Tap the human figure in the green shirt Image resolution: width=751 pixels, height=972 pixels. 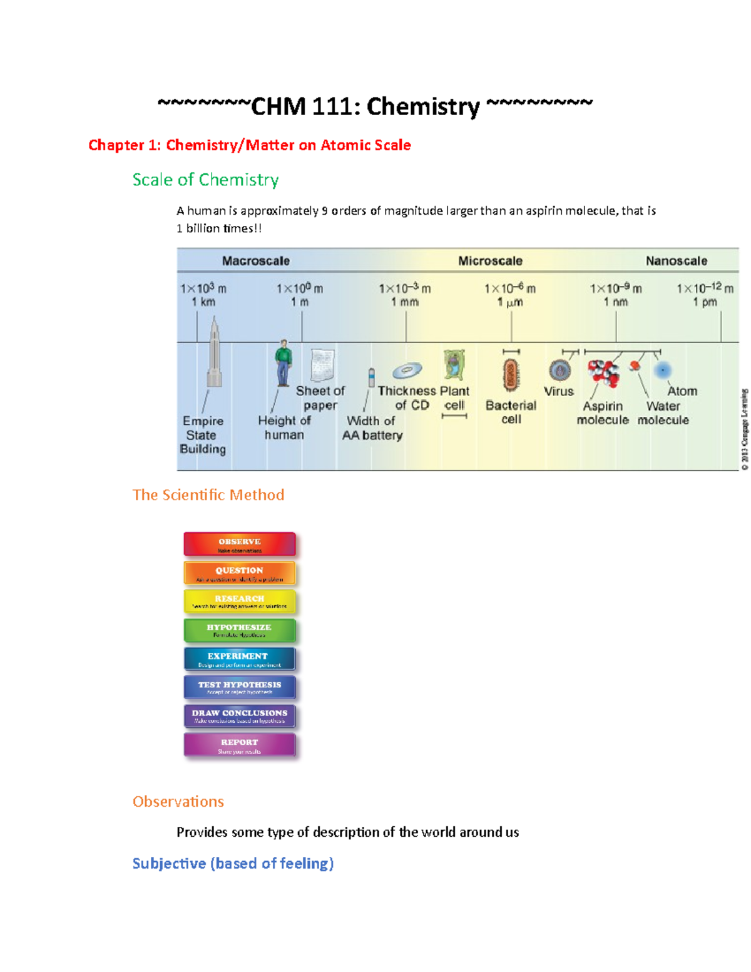click(x=284, y=362)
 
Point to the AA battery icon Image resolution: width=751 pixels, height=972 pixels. click(x=371, y=377)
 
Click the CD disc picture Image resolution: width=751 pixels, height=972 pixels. click(x=407, y=371)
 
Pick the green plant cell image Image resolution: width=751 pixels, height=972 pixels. click(x=454, y=364)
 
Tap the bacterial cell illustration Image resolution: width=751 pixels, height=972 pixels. click(x=511, y=375)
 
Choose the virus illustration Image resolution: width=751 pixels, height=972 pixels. click(x=559, y=371)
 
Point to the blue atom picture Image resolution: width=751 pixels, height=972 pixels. click(x=662, y=371)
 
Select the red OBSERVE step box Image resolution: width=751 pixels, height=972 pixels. click(x=240, y=544)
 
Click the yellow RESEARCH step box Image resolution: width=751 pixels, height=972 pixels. click(x=240, y=601)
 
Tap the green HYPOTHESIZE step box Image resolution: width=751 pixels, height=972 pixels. click(x=240, y=630)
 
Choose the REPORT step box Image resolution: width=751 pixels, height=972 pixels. click(x=240, y=745)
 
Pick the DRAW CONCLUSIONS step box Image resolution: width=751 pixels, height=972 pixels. click(x=240, y=716)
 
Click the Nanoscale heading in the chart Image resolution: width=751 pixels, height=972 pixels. click(x=677, y=261)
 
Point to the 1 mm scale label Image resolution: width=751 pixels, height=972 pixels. click(x=405, y=302)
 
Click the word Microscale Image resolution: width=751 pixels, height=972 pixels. click(x=490, y=261)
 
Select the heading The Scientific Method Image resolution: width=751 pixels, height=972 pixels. click(x=208, y=495)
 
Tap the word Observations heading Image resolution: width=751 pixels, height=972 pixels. click(x=178, y=802)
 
